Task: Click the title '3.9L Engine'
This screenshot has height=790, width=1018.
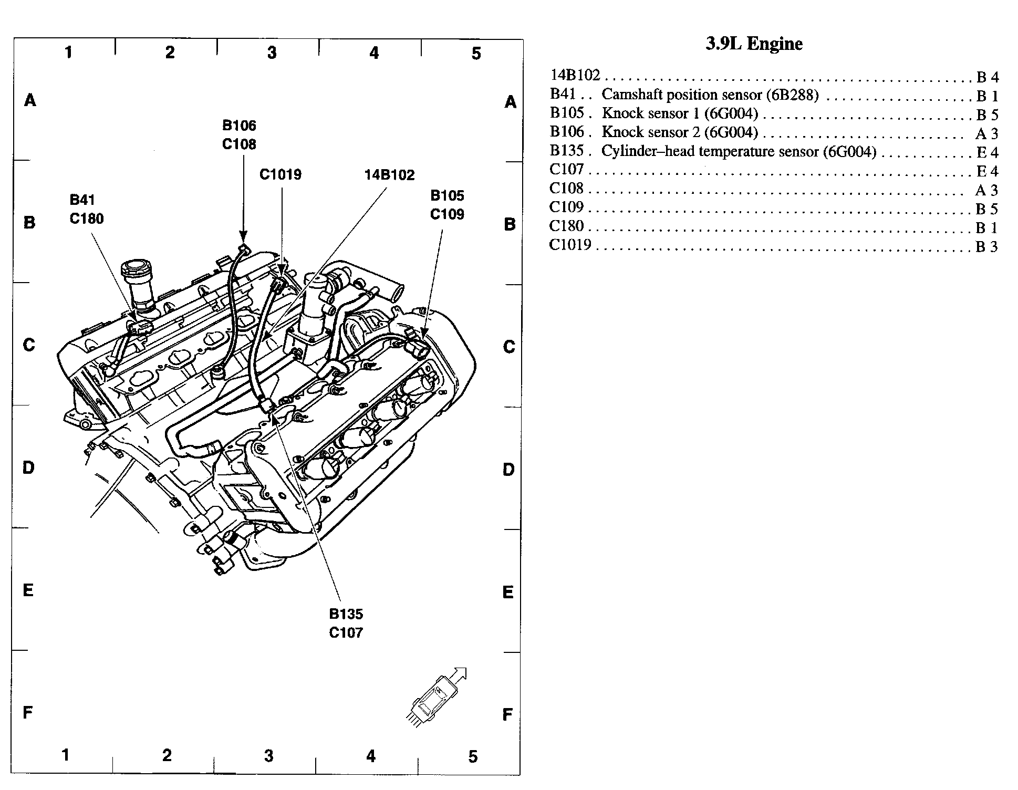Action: pyautogui.click(x=754, y=44)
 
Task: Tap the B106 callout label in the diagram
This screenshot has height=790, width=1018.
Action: pyautogui.click(x=239, y=125)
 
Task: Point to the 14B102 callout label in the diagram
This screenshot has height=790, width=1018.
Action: pyautogui.click(x=389, y=174)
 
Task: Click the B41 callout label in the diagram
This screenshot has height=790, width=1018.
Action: pyautogui.click(x=82, y=200)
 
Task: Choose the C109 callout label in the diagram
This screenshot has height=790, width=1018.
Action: pyautogui.click(x=447, y=214)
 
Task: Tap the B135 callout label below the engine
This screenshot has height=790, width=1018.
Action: pyautogui.click(x=346, y=614)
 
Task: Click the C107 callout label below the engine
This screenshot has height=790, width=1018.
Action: pyautogui.click(x=346, y=632)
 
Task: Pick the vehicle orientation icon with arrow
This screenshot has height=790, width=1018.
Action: pyautogui.click(x=437, y=697)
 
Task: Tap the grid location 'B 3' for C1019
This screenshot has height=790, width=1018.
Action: pyautogui.click(x=986, y=247)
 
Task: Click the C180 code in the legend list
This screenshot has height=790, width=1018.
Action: pyautogui.click(x=566, y=226)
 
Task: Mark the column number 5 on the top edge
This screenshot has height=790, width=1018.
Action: pyautogui.click(x=476, y=54)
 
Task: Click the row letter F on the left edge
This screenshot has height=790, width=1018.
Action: pyautogui.click(x=28, y=713)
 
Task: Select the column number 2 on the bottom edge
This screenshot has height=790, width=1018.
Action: pyautogui.click(x=167, y=755)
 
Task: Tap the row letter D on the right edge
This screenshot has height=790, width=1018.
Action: pyautogui.click(x=508, y=470)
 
